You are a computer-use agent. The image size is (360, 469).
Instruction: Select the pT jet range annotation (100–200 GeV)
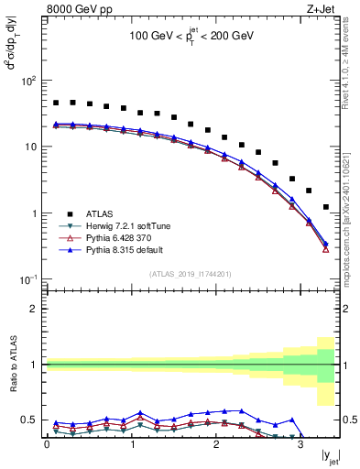tap(191, 38)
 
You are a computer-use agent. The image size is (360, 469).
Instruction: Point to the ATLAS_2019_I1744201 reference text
tap(191, 272)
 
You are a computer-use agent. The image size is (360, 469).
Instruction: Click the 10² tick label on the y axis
tap(29, 81)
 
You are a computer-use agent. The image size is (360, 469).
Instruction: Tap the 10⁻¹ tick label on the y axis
tap(29, 279)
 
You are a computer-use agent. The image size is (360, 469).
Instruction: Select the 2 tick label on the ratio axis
tap(37, 309)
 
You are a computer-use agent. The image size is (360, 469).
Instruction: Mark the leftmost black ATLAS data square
tap(56, 104)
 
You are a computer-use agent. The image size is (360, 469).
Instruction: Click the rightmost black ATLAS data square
tap(326, 207)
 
